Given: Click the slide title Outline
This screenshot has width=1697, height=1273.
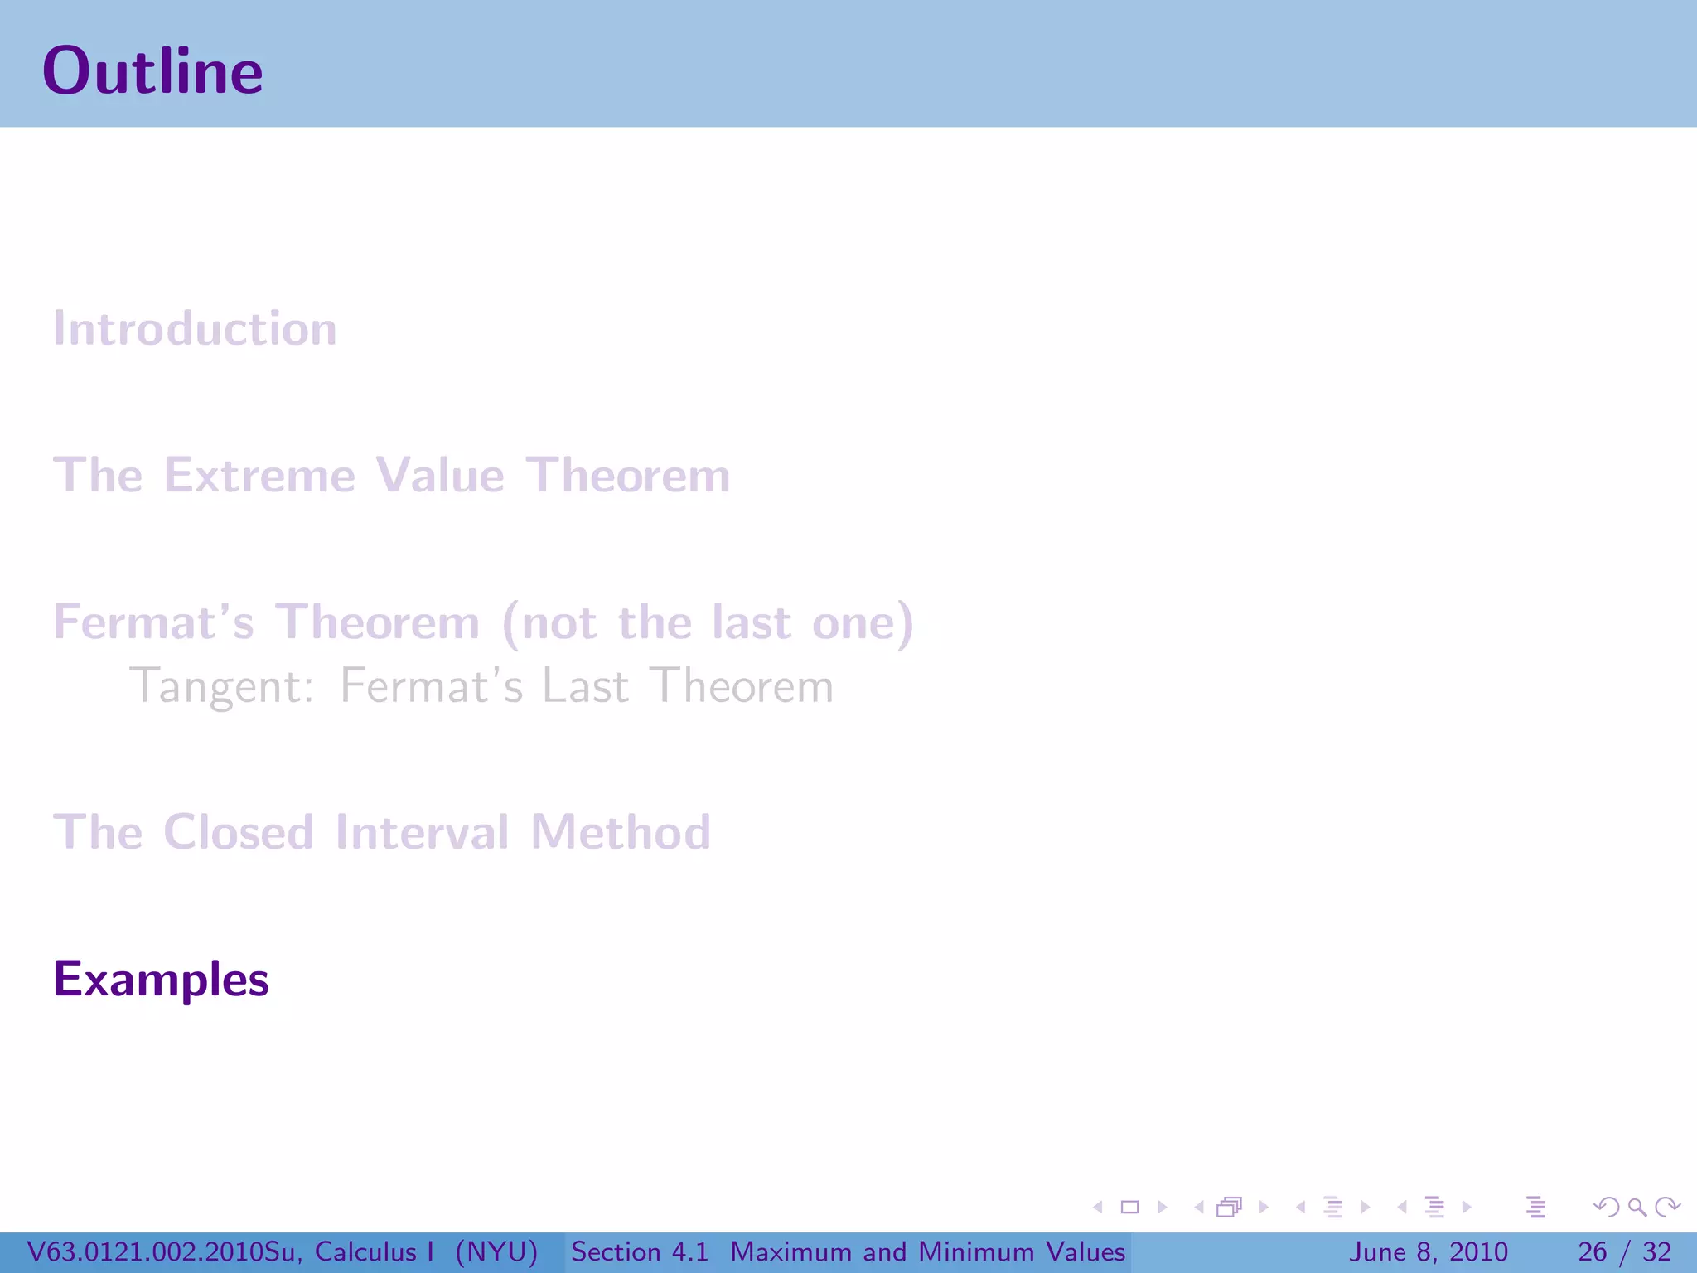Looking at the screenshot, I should (x=152, y=71).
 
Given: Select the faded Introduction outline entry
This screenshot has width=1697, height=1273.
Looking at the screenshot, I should (x=196, y=329).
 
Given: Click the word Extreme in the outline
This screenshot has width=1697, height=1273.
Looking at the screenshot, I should (x=259, y=476).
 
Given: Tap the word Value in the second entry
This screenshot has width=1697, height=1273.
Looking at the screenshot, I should (x=440, y=476).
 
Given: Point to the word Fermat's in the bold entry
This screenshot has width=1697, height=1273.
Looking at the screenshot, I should (x=153, y=622).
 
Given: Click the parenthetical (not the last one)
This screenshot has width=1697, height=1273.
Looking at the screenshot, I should (x=708, y=622).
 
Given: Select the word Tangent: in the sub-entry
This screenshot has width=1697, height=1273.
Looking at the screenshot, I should (x=222, y=687).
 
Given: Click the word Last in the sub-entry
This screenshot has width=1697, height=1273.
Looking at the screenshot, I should (x=585, y=687).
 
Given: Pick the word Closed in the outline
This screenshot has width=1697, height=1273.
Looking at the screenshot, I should (x=239, y=832).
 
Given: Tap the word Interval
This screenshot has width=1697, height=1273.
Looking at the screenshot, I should (x=422, y=832).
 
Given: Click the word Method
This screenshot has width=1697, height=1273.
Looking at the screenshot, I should (x=621, y=832).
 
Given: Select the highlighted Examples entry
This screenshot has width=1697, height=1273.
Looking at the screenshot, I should (x=161, y=980).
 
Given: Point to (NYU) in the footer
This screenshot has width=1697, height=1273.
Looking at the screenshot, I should (x=497, y=1251).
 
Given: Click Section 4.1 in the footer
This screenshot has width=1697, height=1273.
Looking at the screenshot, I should (x=640, y=1251).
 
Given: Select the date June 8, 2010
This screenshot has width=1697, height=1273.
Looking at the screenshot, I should (x=1429, y=1251).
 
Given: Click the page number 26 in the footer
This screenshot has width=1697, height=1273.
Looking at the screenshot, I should (x=1592, y=1251).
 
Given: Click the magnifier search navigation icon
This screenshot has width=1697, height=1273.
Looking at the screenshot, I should (x=1637, y=1207).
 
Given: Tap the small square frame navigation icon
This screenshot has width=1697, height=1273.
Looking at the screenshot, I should (x=1129, y=1207).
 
